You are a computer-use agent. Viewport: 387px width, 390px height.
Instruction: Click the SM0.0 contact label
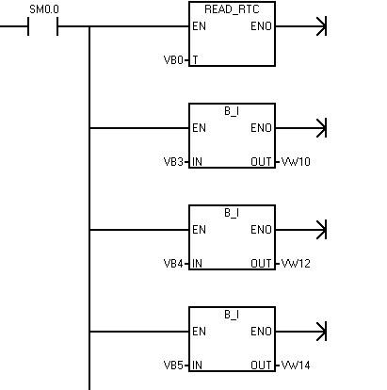[44, 9]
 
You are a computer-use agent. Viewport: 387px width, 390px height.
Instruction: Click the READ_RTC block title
[232, 9]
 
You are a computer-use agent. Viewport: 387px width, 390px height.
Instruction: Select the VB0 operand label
[173, 59]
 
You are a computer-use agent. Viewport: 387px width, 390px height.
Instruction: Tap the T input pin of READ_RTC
[195, 59]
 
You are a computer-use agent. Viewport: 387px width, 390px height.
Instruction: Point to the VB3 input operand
[173, 162]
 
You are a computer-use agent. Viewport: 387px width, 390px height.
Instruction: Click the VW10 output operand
[296, 162]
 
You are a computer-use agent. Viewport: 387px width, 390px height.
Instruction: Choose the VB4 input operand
[173, 264]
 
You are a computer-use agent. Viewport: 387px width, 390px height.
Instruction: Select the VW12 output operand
[296, 264]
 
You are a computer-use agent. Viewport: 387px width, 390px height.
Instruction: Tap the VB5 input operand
[173, 366]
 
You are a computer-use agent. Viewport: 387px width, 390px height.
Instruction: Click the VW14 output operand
[296, 366]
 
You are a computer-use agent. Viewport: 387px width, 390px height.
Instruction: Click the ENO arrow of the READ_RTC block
[300, 26]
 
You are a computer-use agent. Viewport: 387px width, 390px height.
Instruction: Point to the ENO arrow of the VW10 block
[300, 128]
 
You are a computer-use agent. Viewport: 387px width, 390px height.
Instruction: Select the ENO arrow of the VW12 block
[300, 230]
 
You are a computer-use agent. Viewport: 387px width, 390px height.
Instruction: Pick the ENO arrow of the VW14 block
[300, 332]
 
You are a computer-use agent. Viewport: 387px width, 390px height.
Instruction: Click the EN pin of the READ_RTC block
[199, 26]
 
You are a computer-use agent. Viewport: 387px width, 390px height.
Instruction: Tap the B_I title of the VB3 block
[232, 111]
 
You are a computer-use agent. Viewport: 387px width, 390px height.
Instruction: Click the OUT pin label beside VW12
[261, 264]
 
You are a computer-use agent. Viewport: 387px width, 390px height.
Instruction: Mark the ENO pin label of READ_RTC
[261, 26]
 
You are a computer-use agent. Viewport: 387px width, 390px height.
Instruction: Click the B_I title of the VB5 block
[232, 315]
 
